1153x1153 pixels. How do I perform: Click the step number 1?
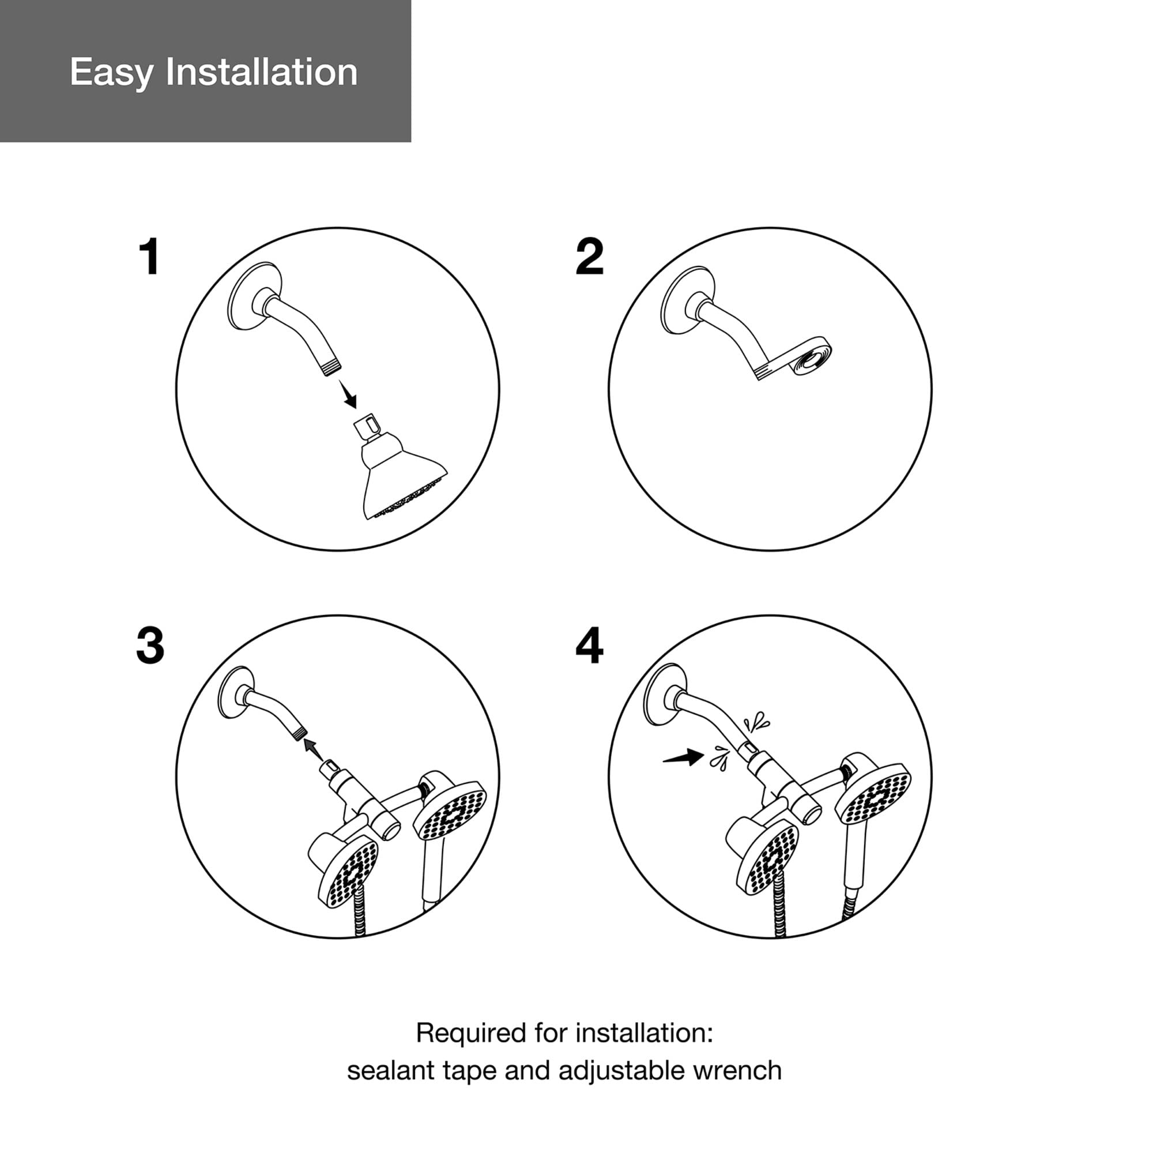coord(150,257)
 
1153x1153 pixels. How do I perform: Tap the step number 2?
coord(589,257)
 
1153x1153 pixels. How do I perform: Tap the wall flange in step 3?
coord(236,695)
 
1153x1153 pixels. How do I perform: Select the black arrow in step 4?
coord(683,757)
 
